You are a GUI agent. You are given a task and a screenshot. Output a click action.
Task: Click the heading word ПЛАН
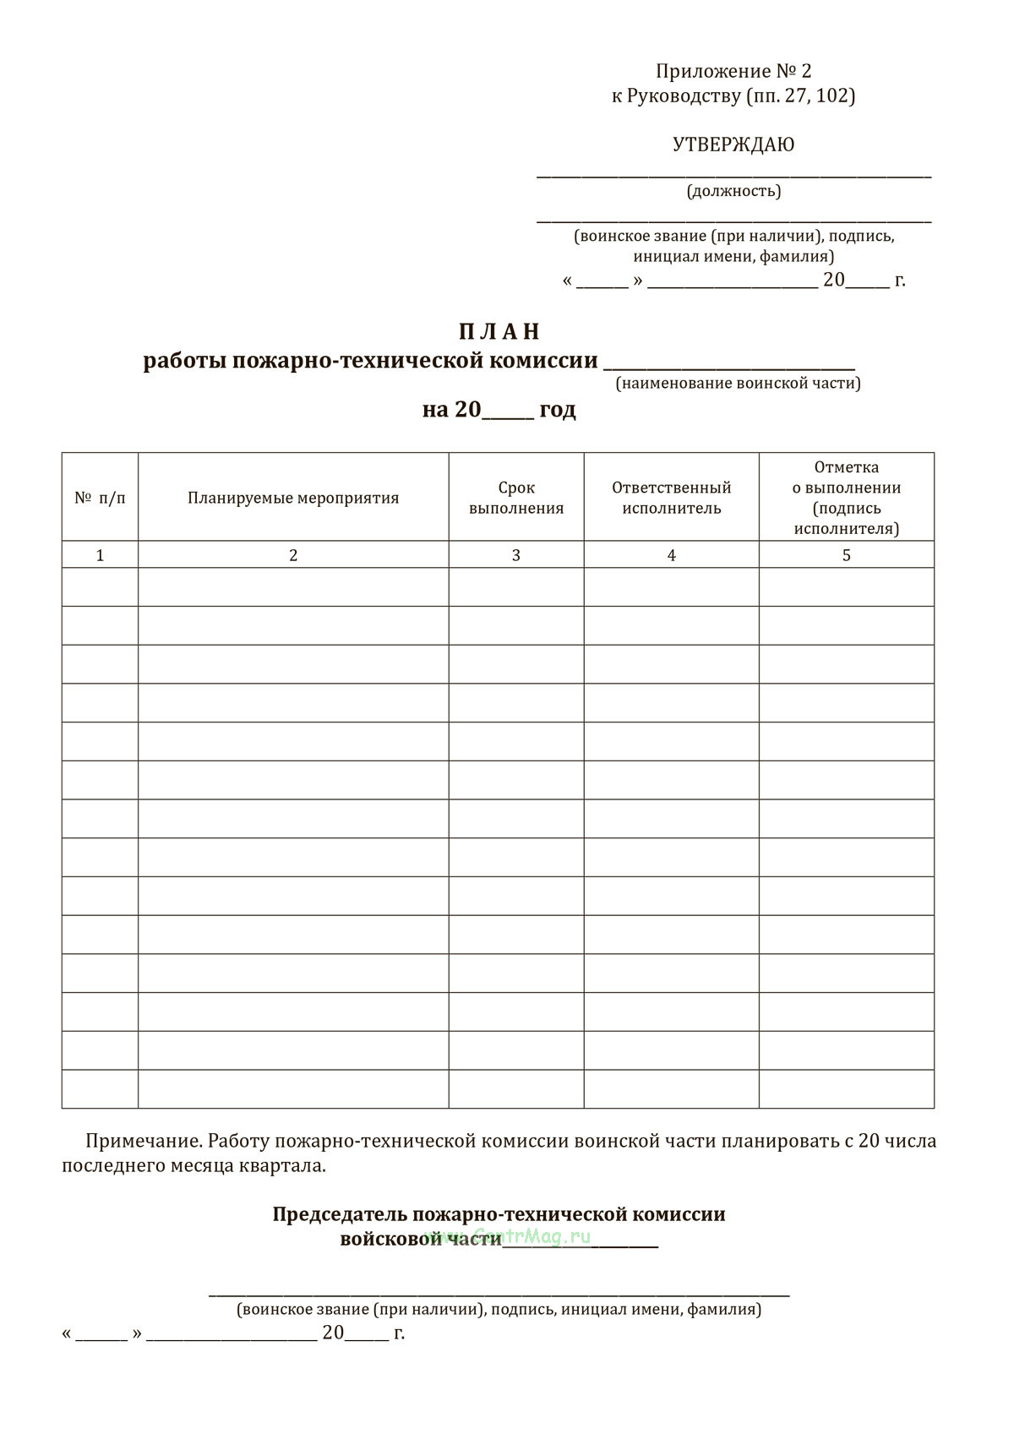point(499,331)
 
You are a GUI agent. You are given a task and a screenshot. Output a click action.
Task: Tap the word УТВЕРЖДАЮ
point(733,144)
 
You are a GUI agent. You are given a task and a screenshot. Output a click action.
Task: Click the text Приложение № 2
point(733,72)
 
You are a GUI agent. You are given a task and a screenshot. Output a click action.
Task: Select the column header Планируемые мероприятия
point(293,498)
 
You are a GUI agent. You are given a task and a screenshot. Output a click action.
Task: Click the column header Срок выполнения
point(516,498)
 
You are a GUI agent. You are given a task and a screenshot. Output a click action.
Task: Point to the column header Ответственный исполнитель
point(672,498)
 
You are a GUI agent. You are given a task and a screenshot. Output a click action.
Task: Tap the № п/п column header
point(100,498)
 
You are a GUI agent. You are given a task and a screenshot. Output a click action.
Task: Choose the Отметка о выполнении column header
point(847,498)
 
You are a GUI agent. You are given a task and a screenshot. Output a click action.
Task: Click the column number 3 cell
point(516,555)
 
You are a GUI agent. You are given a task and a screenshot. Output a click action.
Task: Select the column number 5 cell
point(847,555)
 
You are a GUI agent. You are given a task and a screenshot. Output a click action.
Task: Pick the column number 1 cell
point(100,555)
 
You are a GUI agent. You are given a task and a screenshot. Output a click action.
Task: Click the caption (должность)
point(733,191)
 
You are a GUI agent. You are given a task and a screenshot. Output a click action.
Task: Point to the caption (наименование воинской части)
point(739,384)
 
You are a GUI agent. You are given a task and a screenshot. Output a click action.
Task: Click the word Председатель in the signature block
point(340,1214)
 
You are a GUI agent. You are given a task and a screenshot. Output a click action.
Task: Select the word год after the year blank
point(558,410)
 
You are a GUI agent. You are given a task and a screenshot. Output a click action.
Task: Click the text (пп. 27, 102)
point(800,95)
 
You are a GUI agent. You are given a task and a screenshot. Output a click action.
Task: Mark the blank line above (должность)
point(733,176)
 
